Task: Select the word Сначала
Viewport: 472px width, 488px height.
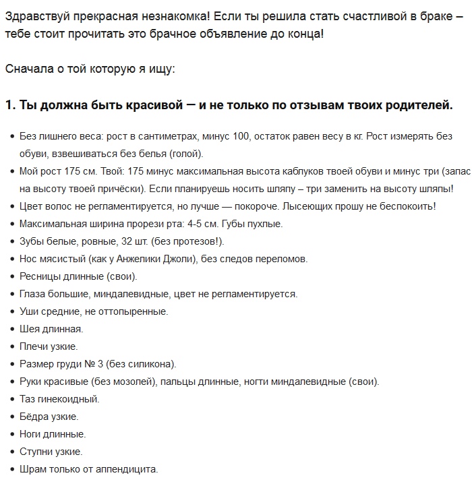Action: tap(28, 69)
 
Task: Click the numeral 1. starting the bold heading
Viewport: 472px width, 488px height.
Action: tap(9, 106)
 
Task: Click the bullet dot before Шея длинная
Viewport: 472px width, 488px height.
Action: tap(12, 330)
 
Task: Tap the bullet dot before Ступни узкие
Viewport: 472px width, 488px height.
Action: tap(12, 452)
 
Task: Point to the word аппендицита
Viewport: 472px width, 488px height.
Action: tap(125, 469)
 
